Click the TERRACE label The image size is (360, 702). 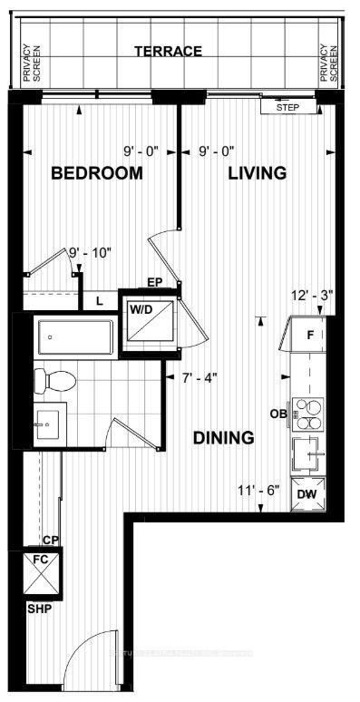(168, 52)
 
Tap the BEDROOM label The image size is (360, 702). (96, 173)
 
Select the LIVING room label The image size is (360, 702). (257, 173)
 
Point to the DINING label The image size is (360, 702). (223, 438)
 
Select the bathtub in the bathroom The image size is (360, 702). (74, 337)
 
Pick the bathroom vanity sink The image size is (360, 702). (46, 423)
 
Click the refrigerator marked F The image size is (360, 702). (308, 335)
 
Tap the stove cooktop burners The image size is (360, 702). (309, 413)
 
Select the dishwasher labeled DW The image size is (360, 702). (307, 493)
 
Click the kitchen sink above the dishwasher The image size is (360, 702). (309, 451)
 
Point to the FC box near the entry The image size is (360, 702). (41, 571)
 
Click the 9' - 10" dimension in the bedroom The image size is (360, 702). (89, 252)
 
